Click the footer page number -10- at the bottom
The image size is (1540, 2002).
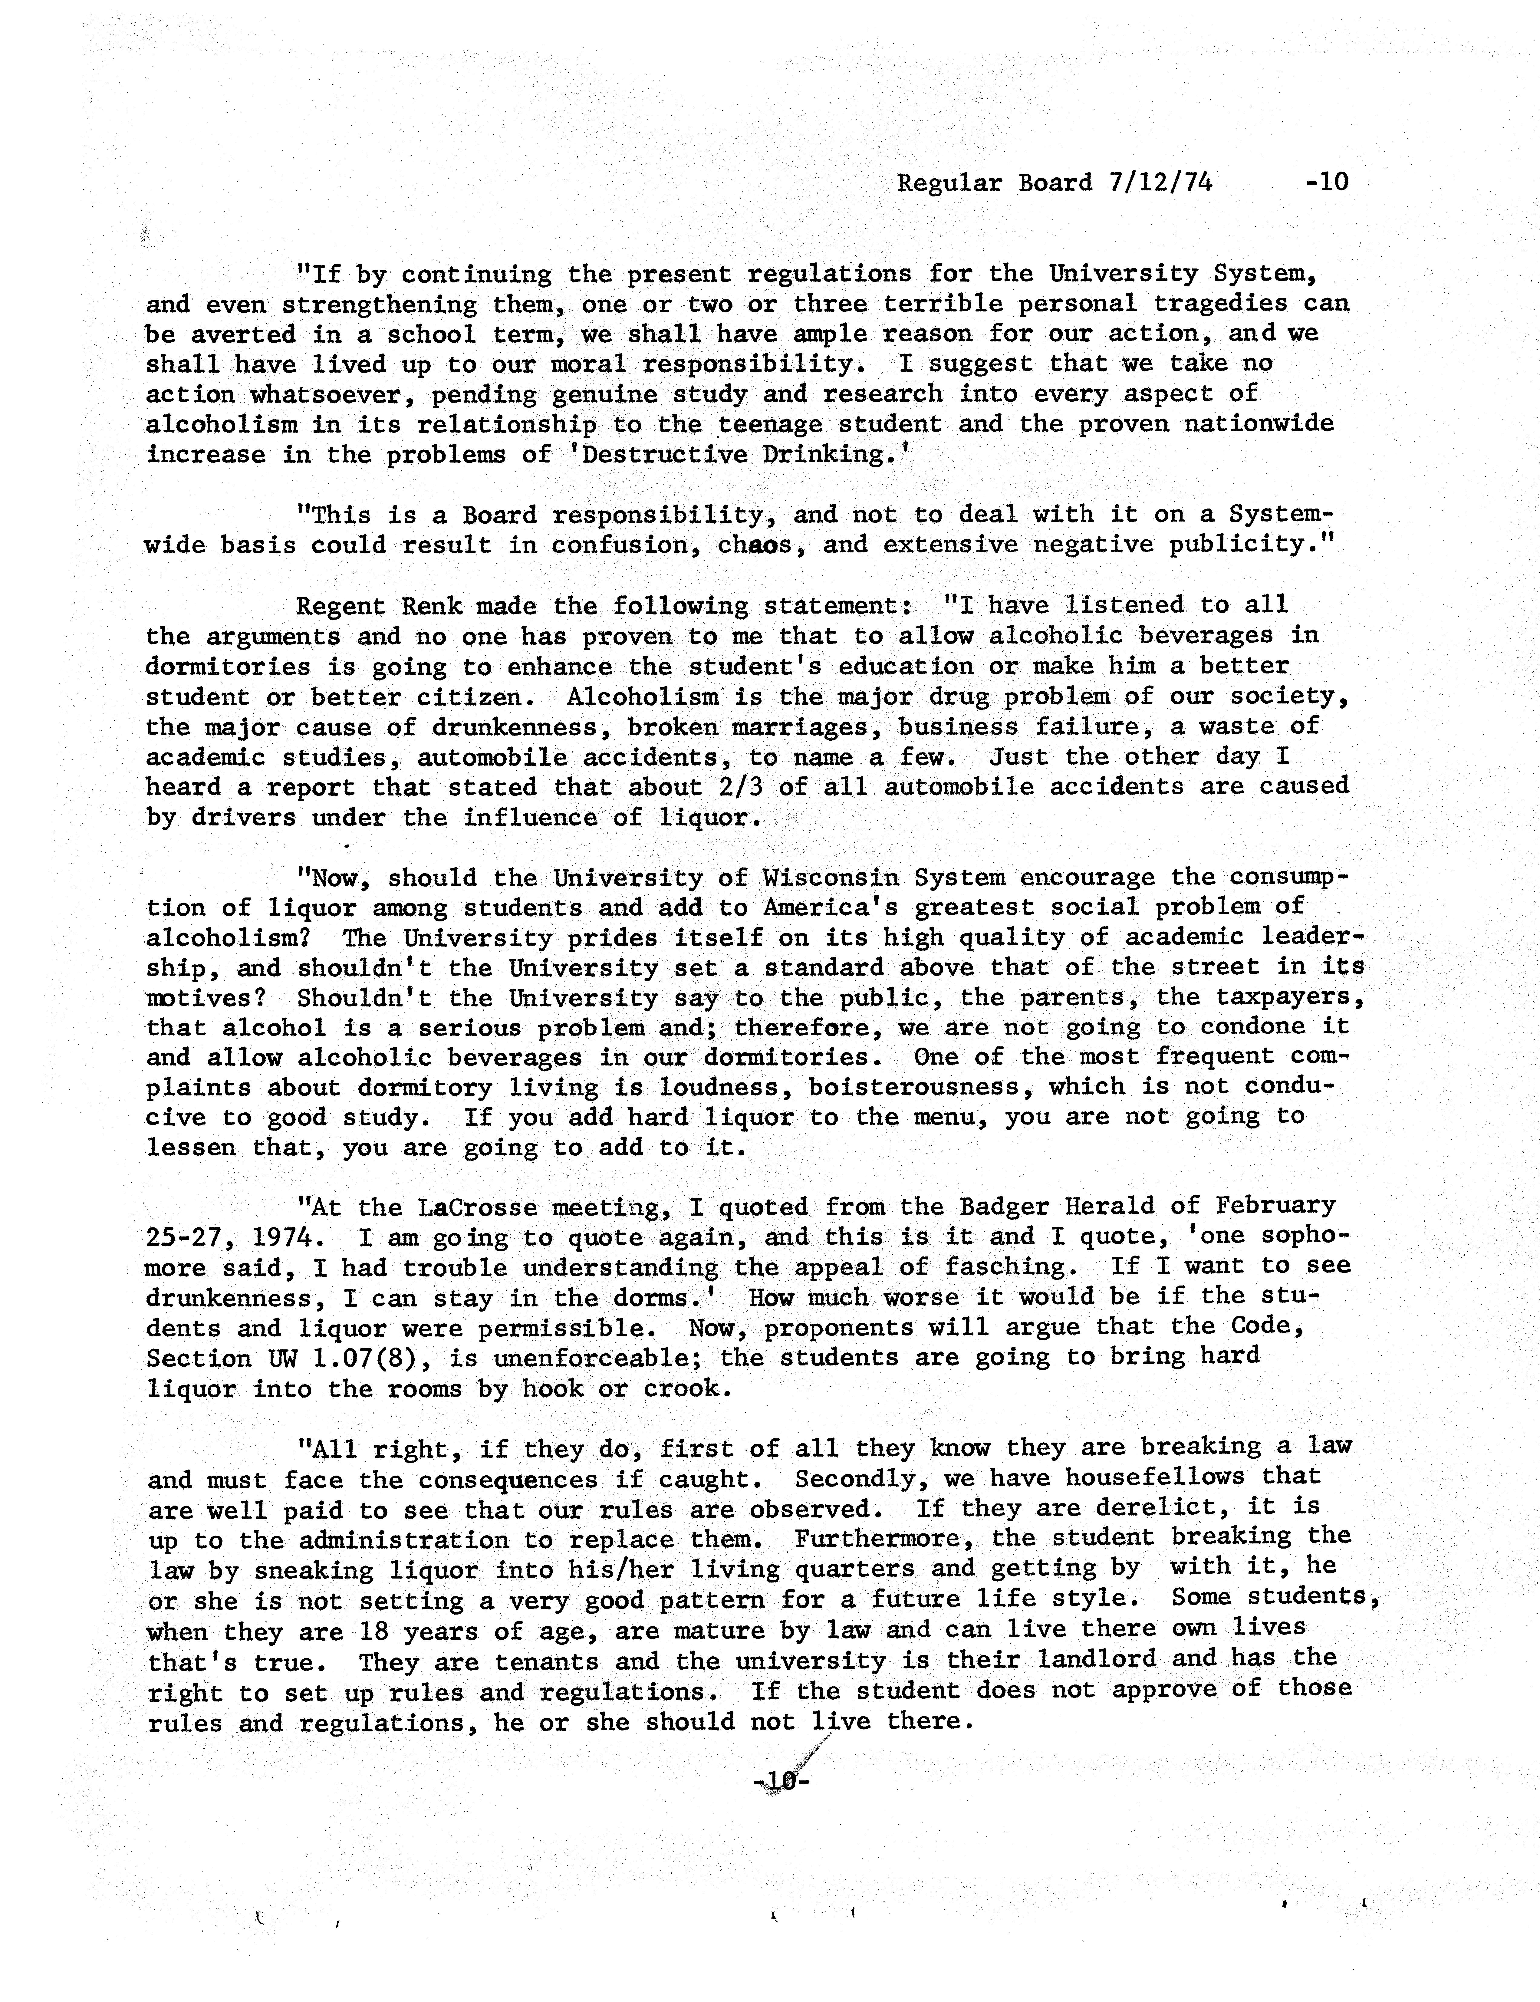coord(781,1780)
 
